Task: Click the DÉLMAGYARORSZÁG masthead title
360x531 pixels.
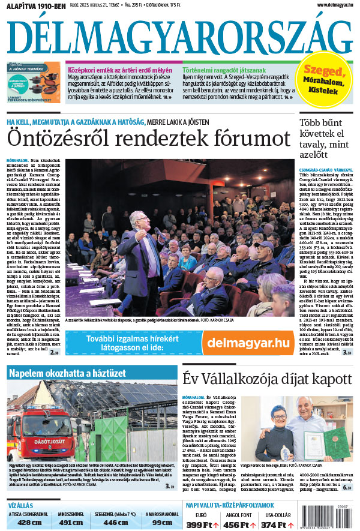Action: pos(179,36)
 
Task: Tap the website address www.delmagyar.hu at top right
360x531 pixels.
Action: pos(329,5)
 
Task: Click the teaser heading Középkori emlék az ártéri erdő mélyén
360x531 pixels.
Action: pos(118,70)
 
